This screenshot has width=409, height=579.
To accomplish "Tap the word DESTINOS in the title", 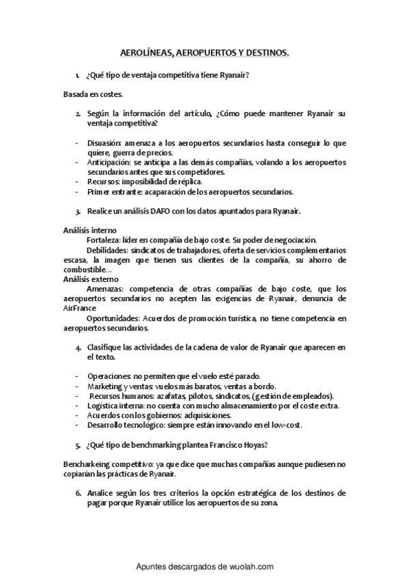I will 264,52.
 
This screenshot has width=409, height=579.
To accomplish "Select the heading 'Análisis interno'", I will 89,231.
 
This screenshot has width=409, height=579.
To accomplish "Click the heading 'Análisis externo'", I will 90,279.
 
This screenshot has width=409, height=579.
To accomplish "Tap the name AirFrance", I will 80,309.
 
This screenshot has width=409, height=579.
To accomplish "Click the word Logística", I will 103,406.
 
